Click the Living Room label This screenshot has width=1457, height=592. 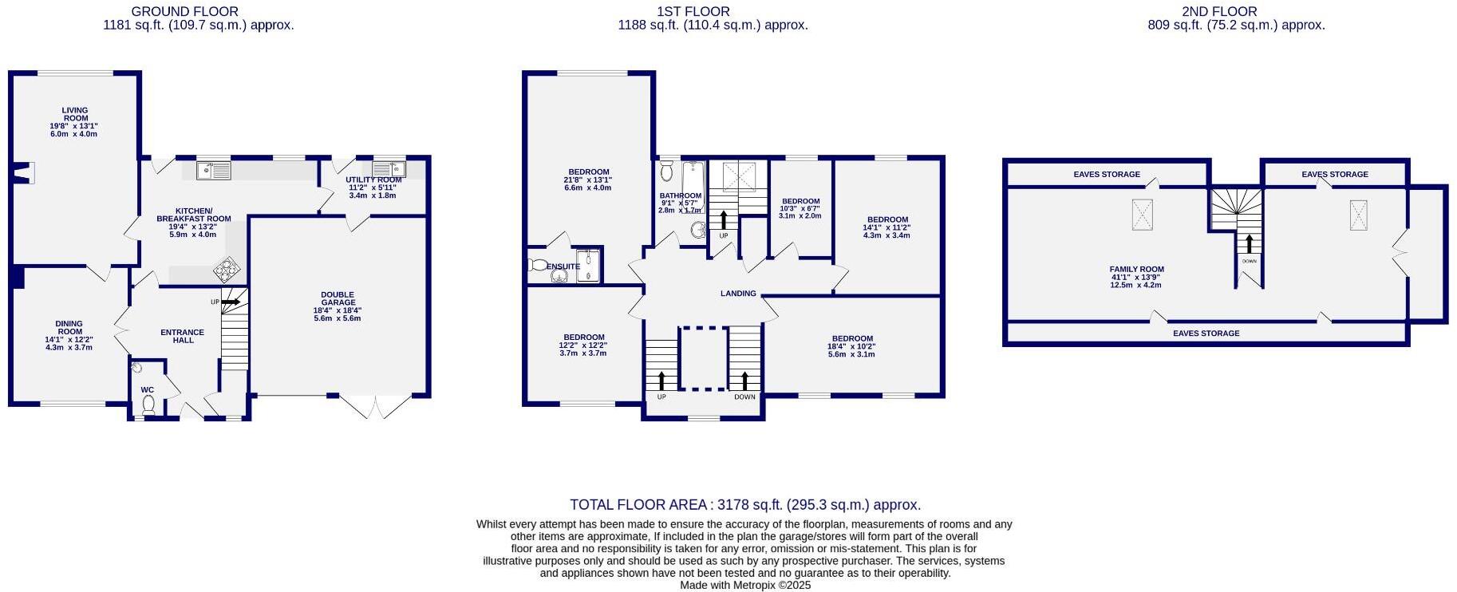click(x=75, y=115)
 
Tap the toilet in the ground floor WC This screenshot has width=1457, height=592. click(x=148, y=405)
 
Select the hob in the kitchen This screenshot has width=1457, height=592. click(x=227, y=270)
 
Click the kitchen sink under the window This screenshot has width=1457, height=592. click(x=213, y=170)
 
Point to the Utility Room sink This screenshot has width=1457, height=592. click(x=389, y=169)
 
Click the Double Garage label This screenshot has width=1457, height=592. click(x=338, y=298)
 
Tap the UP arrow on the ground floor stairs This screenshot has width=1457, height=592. click(x=231, y=302)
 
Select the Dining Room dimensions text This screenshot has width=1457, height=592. click(x=69, y=343)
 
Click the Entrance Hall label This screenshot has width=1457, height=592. click(x=183, y=336)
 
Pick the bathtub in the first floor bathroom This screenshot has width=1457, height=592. click(x=693, y=185)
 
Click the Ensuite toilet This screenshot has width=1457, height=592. click(x=536, y=265)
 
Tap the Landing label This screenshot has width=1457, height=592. click(x=738, y=294)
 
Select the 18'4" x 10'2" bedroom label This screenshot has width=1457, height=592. click(x=851, y=346)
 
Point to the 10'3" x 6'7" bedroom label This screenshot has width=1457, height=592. click(x=800, y=208)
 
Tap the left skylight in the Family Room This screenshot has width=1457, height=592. click(x=1143, y=214)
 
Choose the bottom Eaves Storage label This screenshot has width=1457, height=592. click(x=1206, y=333)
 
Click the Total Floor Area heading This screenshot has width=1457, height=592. click(x=745, y=505)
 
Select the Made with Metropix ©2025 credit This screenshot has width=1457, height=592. click(x=745, y=586)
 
